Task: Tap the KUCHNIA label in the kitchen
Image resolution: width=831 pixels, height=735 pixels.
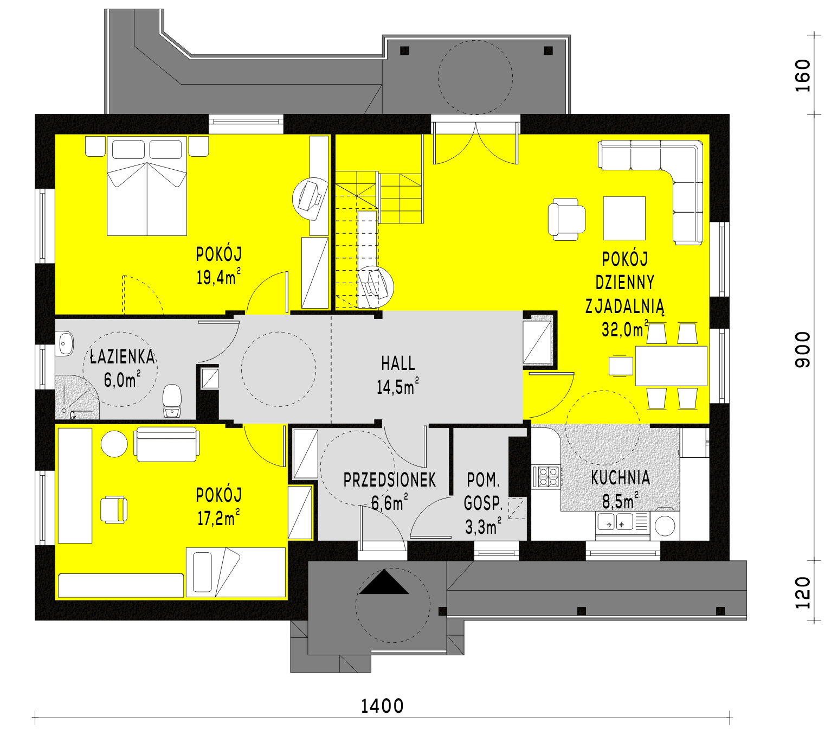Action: (620, 478)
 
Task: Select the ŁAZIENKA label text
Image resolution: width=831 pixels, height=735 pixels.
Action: (122, 356)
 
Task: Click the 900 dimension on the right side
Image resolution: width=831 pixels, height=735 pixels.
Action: (803, 350)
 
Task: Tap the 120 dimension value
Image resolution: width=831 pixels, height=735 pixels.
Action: (803, 593)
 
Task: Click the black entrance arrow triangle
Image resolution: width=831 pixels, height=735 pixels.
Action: (383, 583)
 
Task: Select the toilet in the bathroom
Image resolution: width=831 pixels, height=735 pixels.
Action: (172, 400)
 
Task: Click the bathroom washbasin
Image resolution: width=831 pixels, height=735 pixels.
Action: (65, 343)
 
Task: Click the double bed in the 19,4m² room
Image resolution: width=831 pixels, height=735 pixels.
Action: (147, 186)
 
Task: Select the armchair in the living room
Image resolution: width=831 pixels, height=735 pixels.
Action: (566, 220)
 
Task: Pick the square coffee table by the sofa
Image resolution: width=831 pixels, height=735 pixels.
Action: (624, 218)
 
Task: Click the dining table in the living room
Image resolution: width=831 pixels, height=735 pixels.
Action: (671, 366)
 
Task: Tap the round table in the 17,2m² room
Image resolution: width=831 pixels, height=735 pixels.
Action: (114, 444)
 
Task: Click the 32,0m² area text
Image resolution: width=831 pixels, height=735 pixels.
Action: (624, 330)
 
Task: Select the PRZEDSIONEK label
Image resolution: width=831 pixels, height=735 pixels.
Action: (390, 480)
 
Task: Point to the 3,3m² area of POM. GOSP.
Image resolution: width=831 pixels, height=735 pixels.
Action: (483, 527)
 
